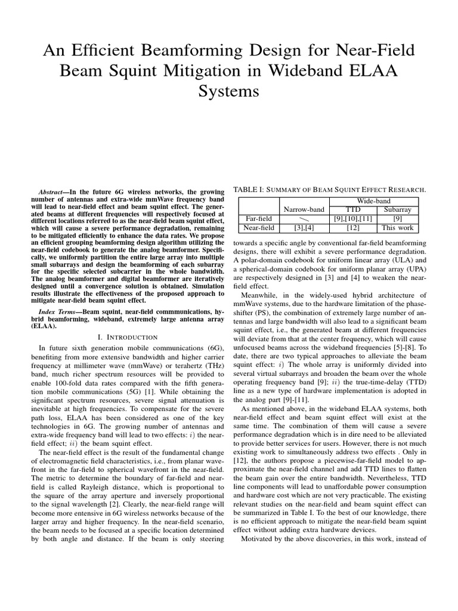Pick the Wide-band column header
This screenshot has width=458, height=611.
point(370,201)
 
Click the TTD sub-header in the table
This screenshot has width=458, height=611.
point(353,209)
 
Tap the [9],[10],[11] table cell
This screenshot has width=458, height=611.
point(353,218)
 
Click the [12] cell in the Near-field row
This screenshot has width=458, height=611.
point(353,227)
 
